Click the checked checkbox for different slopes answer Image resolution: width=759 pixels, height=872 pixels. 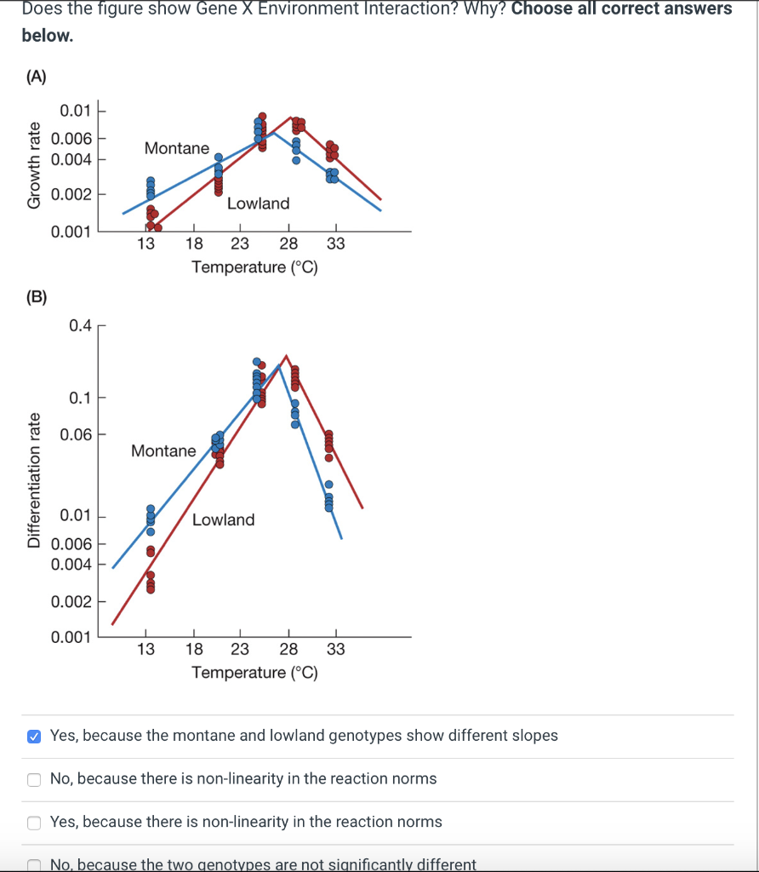click(33, 736)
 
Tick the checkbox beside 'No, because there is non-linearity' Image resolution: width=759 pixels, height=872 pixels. click(33, 779)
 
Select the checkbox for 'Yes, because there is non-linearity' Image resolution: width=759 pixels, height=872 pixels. click(33, 823)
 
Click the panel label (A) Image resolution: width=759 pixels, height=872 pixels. click(36, 77)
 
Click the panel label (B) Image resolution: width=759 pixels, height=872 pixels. click(36, 297)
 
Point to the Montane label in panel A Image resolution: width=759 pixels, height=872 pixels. click(177, 148)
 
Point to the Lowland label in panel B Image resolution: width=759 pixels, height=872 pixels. click(223, 519)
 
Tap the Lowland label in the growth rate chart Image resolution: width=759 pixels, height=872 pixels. click(258, 204)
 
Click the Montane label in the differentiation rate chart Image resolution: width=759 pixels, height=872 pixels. click(163, 450)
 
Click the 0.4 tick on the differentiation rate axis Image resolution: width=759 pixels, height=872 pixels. click(81, 325)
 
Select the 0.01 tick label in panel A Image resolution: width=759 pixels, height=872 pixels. click(72, 111)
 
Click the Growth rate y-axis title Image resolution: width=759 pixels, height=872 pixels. click(34, 166)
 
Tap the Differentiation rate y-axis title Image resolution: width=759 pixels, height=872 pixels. click(34, 480)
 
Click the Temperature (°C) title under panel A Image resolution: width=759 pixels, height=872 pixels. click(254, 267)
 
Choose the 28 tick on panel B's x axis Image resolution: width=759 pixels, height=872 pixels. click(288, 650)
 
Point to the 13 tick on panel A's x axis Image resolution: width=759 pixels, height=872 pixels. click(146, 244)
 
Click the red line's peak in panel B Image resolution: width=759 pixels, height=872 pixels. click(286, 355)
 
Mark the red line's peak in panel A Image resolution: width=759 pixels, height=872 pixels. click(291, 118)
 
